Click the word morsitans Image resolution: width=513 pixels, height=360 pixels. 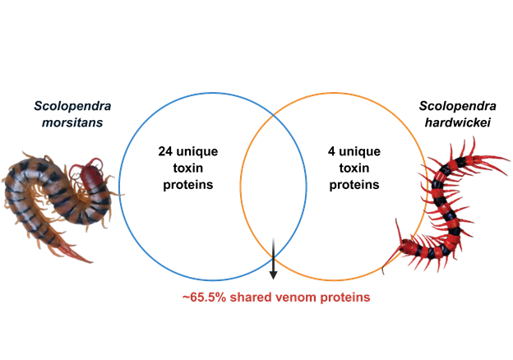point(72,122)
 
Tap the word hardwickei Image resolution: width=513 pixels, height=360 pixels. point(458,122)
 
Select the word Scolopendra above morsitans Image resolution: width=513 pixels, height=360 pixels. point(72,106)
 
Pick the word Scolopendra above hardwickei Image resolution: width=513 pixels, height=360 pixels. point(458,106)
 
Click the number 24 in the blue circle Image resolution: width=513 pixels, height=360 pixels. point(165,151)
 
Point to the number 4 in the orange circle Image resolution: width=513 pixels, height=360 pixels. point(331,151)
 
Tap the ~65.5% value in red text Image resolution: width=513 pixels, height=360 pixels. point(204,298)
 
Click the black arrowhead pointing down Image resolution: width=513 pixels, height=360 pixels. point(273,275)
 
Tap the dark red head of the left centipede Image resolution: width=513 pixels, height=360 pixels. point(90,174)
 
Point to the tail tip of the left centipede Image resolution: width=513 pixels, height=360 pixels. point(91,261)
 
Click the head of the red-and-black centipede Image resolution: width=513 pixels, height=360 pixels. point(406,246)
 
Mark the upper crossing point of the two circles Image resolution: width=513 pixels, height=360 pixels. point(273,116)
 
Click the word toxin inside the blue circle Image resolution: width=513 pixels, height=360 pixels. point(188,168)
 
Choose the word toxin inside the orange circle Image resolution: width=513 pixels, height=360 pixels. point(354,168)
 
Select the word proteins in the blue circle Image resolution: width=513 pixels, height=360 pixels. point(188,185)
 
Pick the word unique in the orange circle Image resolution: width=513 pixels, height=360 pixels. point(360,152)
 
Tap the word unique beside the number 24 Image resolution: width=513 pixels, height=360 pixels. point(197,152)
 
